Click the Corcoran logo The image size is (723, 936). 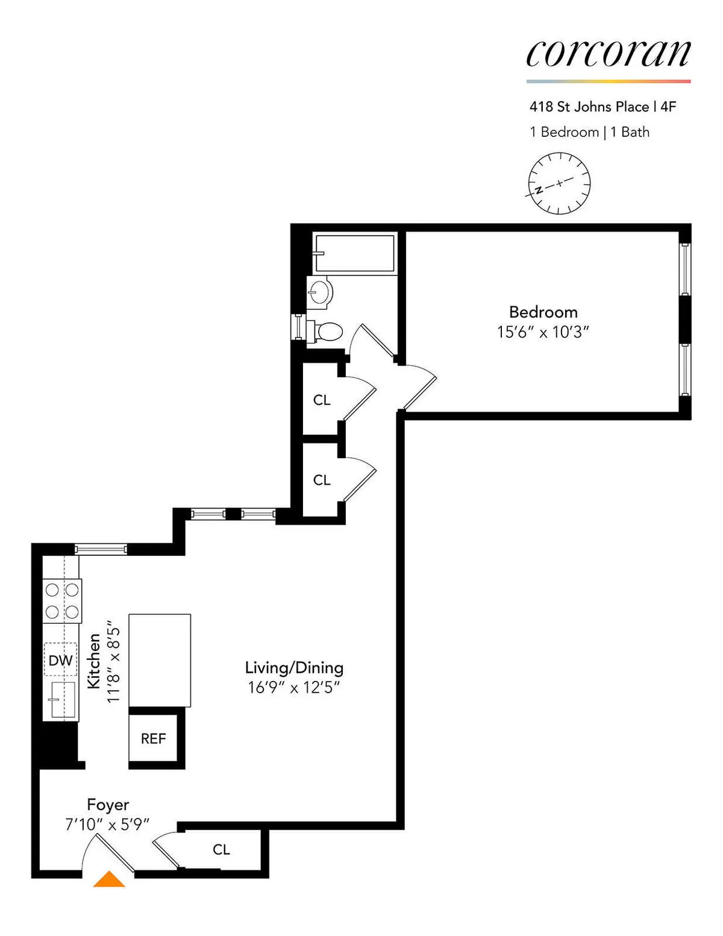pyautogui.click(x=608, y=54)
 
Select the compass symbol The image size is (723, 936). pyautogui.click(x=559, y=183)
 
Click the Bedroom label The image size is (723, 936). pyautogui.click(x=543, y=312)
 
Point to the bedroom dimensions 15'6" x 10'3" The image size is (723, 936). pyautogui.click(x=542, y=332)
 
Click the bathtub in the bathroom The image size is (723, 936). pyautogui.click(x=354, y=253)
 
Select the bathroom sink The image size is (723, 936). pyautogui.click(x=320, y=293)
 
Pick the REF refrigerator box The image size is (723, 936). pyautogui.click(x=153, y=739)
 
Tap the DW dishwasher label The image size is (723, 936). pyautogui.click(x=60, y=661)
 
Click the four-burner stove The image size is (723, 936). pyautogui.click(x=62, y=601)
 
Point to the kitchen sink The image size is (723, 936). pyautogui.click(x=62, y=700)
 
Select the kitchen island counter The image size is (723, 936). pyautogui.click(x=160, y=660)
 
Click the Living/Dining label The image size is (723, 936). pyautogui.click(x=294, y=668)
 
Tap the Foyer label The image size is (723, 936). pyautogui.click(x=108, y=805)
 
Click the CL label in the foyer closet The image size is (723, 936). pyautogui.click(x=221, y=850)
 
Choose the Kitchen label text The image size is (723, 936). pyautogui.click(x=94, y=661)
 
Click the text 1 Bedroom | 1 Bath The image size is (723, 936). pyautogui.click(x=589, y=132)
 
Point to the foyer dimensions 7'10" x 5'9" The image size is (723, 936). pyautogui.click(x=107, y=824)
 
